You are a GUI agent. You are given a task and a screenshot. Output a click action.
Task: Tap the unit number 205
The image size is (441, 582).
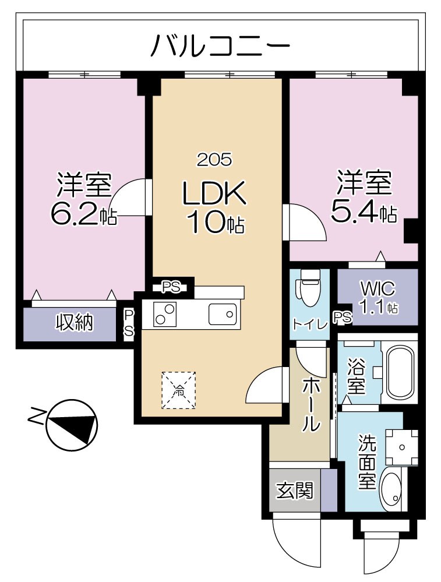tap(214, 158)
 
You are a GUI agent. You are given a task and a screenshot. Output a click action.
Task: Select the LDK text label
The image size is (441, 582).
tap(214, 194)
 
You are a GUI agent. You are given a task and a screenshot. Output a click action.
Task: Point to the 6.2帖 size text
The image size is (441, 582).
tap(83, 215)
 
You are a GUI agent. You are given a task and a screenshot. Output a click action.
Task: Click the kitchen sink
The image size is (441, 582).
tap(223, 314)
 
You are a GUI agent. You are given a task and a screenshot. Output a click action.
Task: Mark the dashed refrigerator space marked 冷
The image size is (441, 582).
tap(179, 390)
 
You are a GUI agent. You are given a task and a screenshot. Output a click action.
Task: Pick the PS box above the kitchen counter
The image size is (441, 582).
tap(171, 287)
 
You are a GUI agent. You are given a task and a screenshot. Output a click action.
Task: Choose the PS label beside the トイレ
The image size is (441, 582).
tap(343, 318)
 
